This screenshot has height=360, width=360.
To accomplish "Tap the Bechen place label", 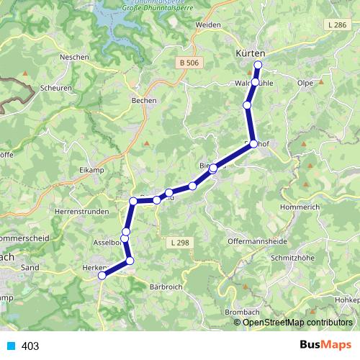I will point(145,101).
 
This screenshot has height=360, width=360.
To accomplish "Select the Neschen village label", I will point(75,56).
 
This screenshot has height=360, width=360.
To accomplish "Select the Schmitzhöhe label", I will point(291,257).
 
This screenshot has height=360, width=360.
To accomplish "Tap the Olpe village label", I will point(305,83).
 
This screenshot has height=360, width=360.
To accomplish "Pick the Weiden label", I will point(210,24).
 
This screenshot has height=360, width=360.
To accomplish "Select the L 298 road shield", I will point(180,243).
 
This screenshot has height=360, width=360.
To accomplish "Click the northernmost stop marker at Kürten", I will point(258,66).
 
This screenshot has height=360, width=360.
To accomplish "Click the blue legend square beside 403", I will point(10,346).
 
